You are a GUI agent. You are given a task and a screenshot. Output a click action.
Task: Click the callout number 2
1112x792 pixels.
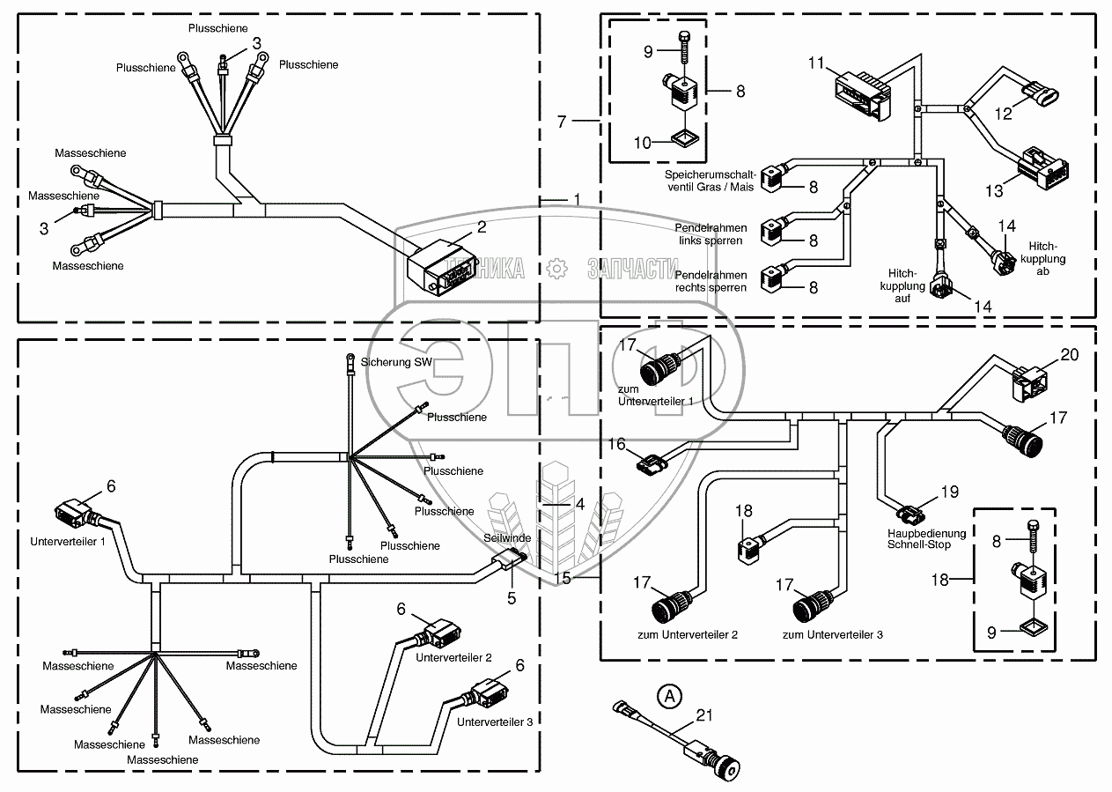482,226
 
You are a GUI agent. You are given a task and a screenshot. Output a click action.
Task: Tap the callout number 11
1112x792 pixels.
816,63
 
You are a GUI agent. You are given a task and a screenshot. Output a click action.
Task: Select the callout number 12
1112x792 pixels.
1005,113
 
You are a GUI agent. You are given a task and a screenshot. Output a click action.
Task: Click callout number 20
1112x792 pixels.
1068,354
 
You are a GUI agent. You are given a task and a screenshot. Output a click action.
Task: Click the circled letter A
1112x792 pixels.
671,696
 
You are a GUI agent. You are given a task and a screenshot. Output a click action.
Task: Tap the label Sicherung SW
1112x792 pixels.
387,362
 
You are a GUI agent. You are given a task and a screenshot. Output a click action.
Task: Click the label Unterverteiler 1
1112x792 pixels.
68,541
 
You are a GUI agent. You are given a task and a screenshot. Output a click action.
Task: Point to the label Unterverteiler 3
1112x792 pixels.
494,722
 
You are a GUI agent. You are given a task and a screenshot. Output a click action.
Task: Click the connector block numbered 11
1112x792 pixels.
860,93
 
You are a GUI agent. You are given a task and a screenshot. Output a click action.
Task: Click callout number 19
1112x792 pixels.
949,492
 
